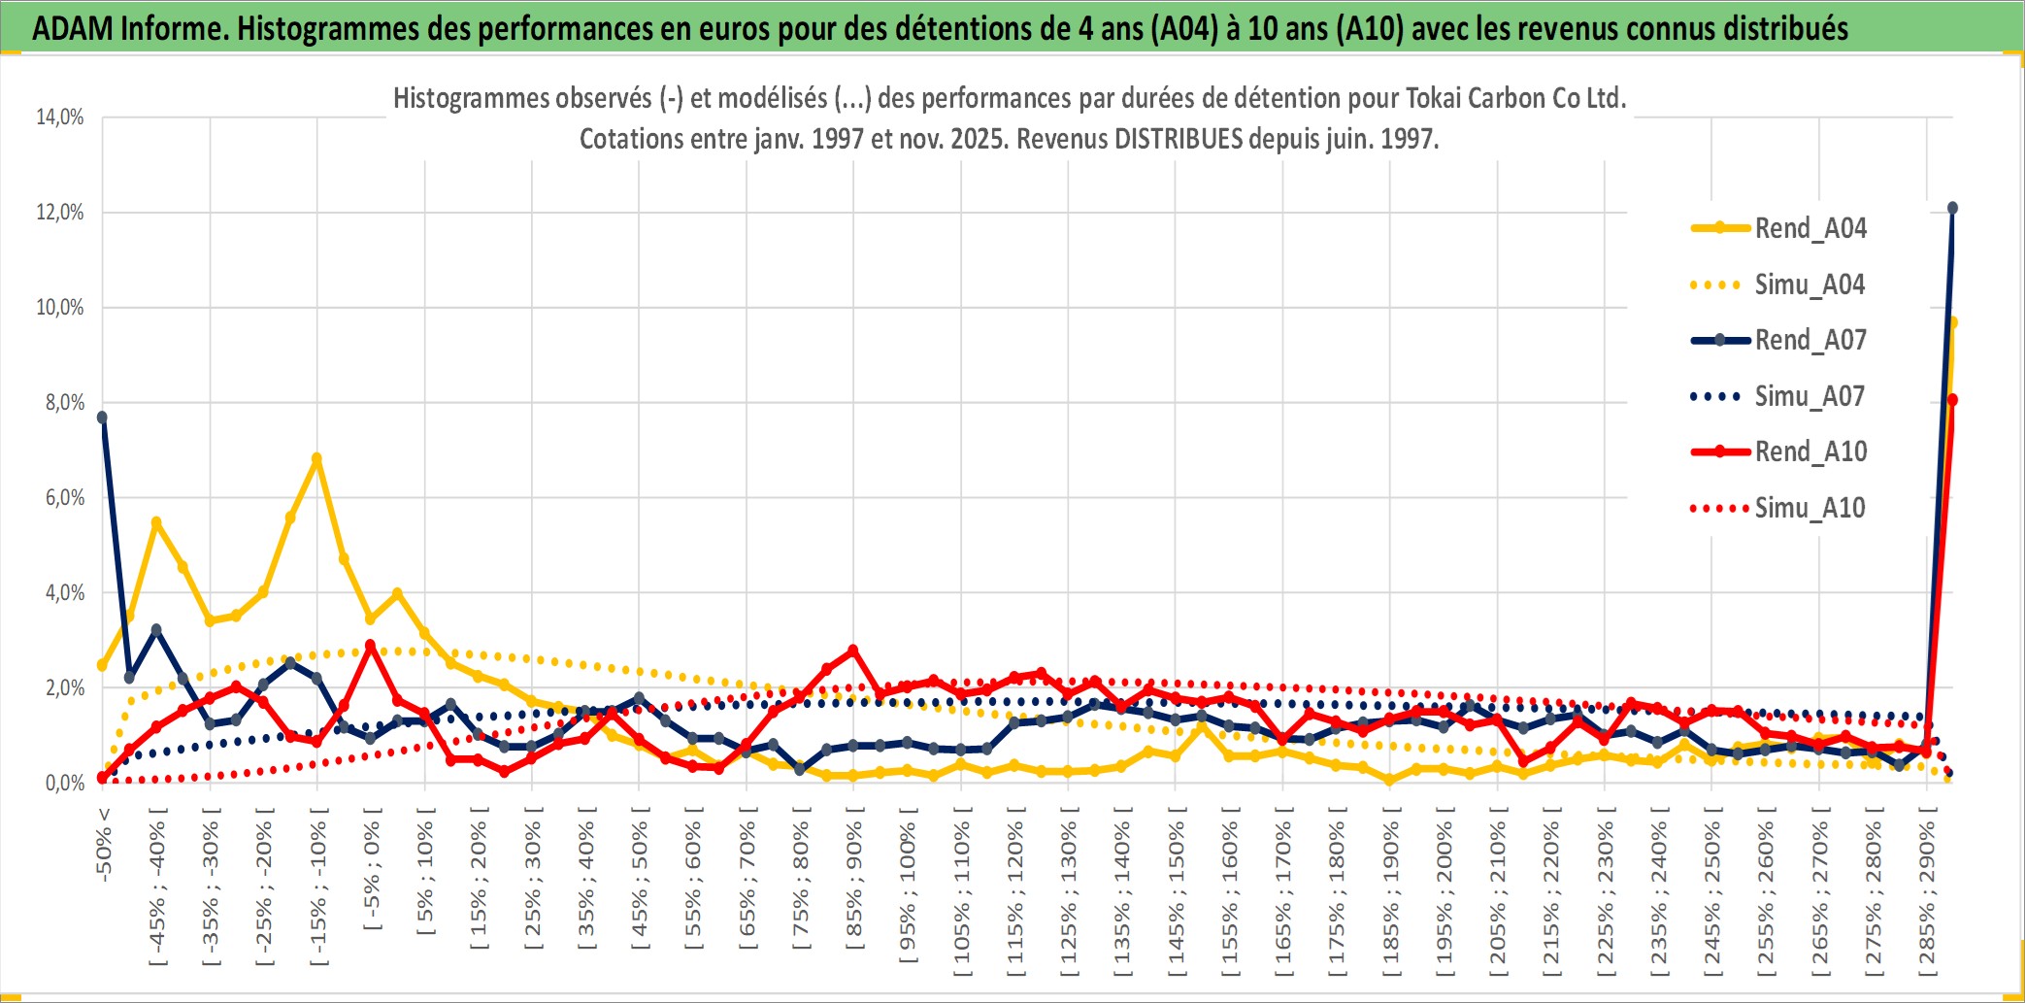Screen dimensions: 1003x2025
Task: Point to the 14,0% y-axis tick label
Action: (60, 117)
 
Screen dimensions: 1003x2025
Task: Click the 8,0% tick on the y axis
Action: (64, 403)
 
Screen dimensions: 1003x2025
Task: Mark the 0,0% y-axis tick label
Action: (64, 784)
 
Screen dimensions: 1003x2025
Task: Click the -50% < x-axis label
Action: (103, 845)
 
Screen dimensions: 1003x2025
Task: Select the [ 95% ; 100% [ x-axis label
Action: (908, 893)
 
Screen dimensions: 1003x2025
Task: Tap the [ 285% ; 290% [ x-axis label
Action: (1927, 893)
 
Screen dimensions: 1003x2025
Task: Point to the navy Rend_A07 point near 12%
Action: (1952, 208)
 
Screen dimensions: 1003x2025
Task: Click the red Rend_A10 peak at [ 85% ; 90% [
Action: (853, 651)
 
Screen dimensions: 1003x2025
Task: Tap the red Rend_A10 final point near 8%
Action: (1952, 399)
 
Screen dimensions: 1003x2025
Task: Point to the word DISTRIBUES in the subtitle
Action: (1178, 139)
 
